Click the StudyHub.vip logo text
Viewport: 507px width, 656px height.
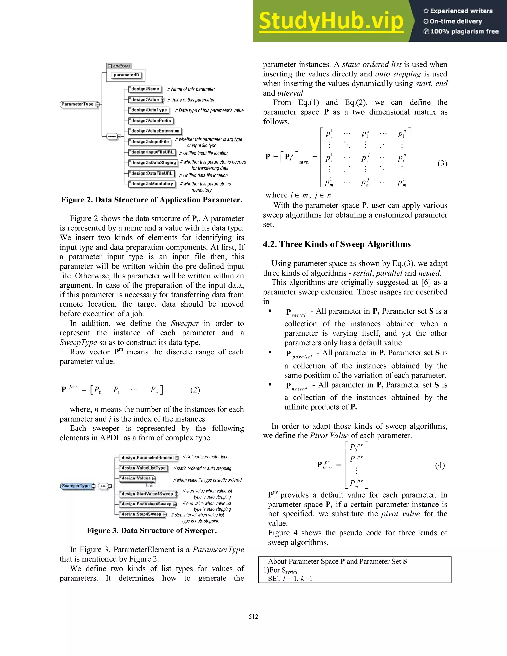(x=330, y=21)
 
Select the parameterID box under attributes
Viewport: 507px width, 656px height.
(x=127, y=75)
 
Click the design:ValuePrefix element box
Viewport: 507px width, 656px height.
(x=151, y=121)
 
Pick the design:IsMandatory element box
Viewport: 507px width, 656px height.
(x=152, y=184)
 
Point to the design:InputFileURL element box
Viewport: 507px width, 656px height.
(x=152, y=152)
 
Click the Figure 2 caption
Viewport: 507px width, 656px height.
(x=152, y=200)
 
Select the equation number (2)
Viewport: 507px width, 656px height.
(x=195, y=390)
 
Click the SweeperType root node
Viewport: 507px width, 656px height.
(x=76, y=486)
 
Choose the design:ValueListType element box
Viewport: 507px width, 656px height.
(x=143, y=468)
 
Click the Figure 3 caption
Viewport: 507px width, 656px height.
(x=152, y=530)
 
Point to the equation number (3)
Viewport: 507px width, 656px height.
(x=442, y=163)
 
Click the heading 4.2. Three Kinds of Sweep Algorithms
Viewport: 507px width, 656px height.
(x=337, y=244)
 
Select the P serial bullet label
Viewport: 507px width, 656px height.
(x=296, y=313)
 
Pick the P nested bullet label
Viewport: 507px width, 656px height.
(x=296, y=386)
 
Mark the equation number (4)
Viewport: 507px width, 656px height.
(x=440, y=465)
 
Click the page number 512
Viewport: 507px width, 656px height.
(x=253, y=617)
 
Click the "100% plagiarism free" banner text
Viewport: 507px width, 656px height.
(x=464, y=31)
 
